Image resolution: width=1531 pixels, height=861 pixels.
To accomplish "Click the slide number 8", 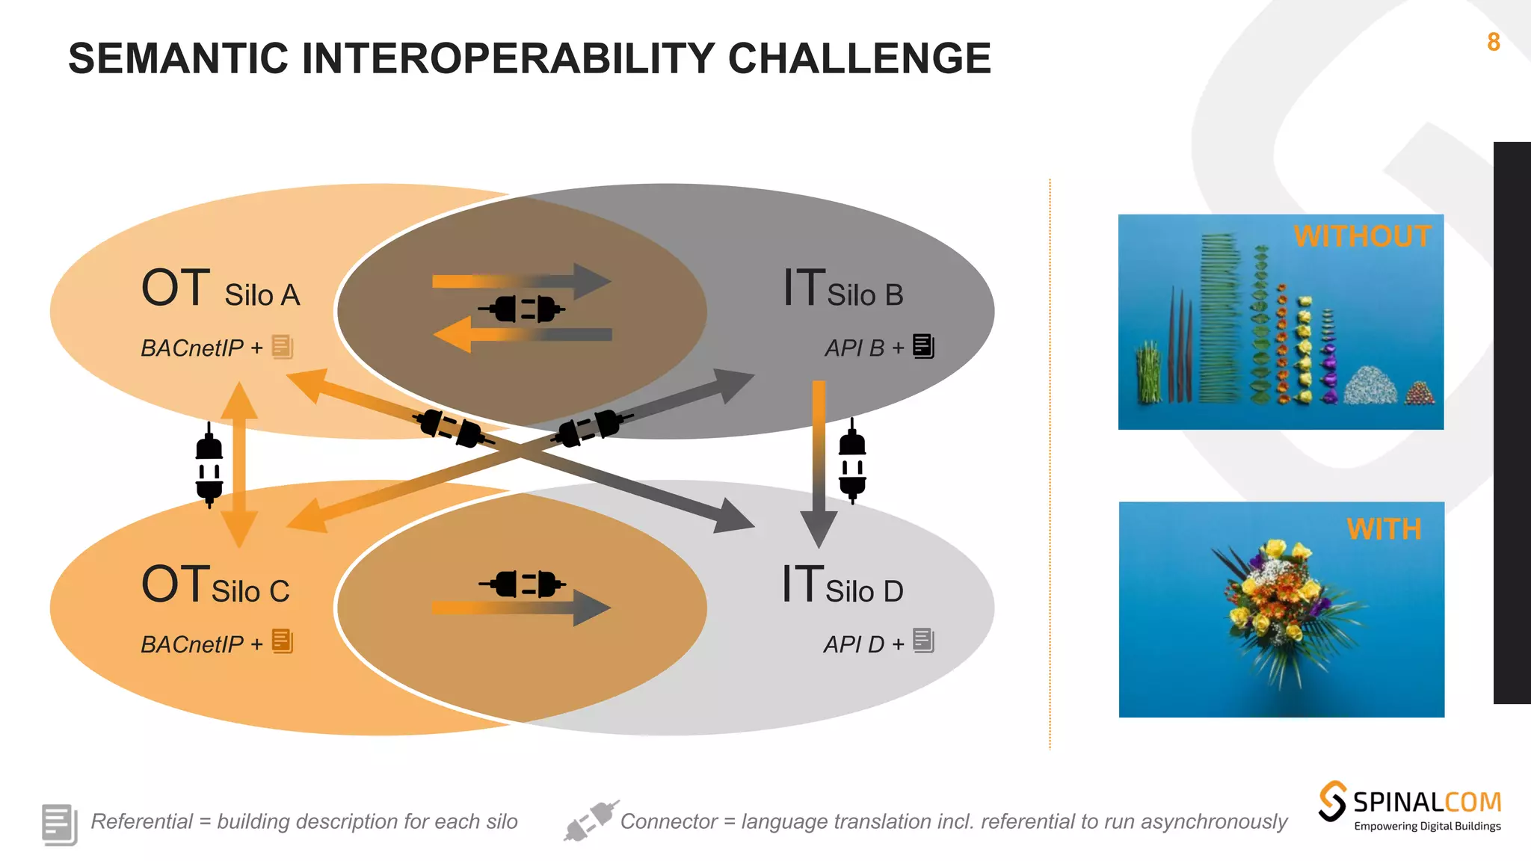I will (1493, 42).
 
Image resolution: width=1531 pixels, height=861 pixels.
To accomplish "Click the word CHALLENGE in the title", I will (859, 58).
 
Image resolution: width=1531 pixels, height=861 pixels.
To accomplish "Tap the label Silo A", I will (262, 295).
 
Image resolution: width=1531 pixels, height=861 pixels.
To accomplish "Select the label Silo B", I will (865, 295).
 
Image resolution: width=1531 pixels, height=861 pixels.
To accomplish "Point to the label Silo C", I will (250, 591).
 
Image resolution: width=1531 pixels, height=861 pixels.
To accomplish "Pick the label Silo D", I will (864, 591).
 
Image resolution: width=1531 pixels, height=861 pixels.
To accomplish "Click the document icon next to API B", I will (924, 346).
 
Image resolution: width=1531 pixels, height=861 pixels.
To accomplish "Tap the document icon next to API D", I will (924, 641).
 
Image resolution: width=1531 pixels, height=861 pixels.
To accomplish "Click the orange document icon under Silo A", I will (283, 346).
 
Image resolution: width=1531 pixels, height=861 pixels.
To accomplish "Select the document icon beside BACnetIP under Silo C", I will (283, 641).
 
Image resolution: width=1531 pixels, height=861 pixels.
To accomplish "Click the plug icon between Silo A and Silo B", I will (522, 308).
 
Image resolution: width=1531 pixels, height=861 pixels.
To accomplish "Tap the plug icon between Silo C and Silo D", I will (522, 584).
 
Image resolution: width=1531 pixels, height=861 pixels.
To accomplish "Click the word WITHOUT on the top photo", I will (1362, 236).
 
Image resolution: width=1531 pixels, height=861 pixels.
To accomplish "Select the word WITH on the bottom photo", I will (1384, 529).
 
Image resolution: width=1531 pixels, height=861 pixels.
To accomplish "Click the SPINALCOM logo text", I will (1426, 803).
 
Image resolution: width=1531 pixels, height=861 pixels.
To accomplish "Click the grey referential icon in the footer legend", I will (59, 824).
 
